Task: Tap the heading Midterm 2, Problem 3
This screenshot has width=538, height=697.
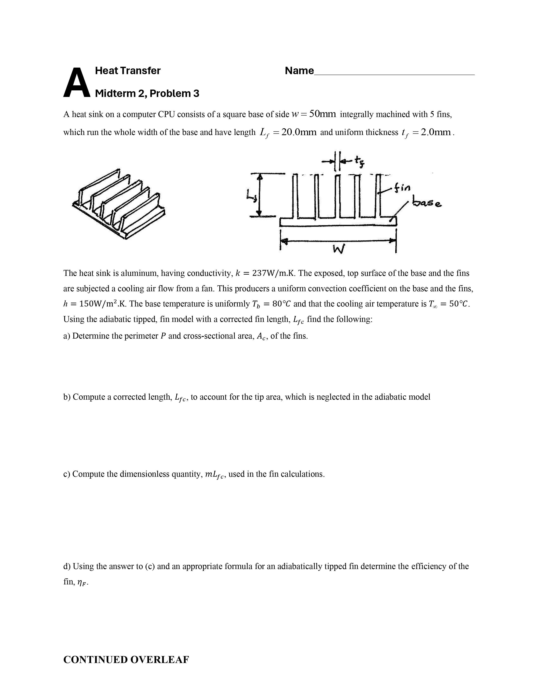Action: click(x=147, y=94)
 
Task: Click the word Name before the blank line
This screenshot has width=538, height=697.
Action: click(x=299, y=71)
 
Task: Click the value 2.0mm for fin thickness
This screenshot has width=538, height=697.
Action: click(x=435, y=132)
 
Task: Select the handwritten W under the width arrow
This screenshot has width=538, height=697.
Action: click(x=338, y=249)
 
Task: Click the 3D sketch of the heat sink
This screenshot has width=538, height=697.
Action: click(x=119, y=204)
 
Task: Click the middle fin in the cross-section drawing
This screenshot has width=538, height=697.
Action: click(x=338, y=196)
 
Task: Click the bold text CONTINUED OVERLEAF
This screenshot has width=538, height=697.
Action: click(x=126, y=660)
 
